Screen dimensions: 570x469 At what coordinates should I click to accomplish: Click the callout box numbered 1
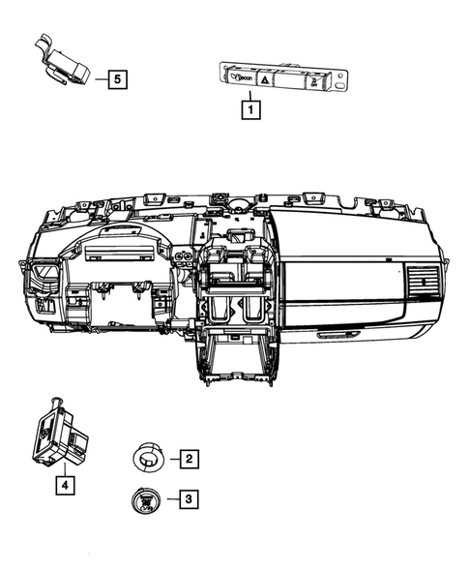249,110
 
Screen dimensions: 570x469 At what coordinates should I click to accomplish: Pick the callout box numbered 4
64,486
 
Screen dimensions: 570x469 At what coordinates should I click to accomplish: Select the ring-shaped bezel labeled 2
148,457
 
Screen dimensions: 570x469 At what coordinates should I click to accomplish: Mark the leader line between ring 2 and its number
171,458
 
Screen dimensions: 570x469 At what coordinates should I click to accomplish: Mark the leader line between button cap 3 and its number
171,499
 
